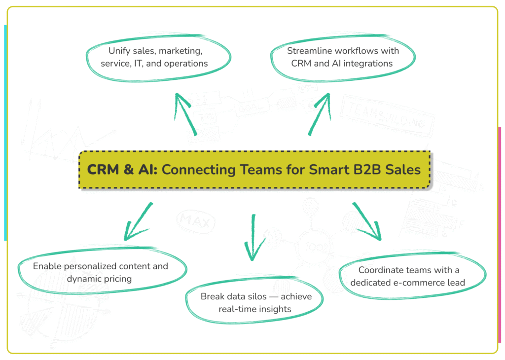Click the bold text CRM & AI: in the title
122,170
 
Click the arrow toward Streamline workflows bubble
319,114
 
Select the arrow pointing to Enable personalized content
138,221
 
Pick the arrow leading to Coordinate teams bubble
367,220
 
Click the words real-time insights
255,309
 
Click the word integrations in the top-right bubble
366,63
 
